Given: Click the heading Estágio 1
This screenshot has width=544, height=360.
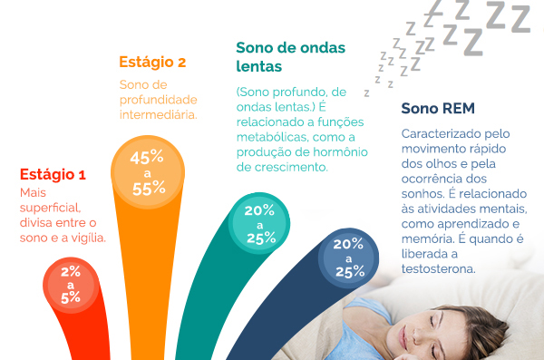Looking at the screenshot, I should point(53,175).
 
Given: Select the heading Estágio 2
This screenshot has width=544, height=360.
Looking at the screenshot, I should point(152,63).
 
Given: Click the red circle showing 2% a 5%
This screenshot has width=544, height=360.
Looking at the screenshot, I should point(71,283).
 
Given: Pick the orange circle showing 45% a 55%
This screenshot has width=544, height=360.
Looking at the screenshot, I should point(148,172).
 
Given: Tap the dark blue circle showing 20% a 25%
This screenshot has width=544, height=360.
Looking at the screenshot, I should point(348,258).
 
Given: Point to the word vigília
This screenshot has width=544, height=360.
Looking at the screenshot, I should point(88,238).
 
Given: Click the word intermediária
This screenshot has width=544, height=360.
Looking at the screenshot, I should point(159,115).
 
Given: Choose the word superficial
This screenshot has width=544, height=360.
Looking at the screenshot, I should point(52,209).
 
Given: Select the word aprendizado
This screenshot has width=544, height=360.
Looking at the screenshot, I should point(462,223).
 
